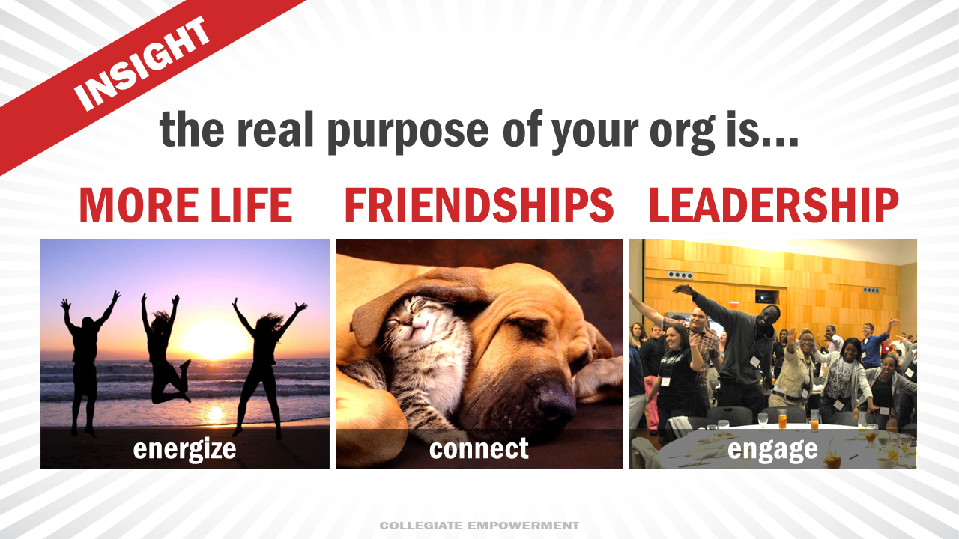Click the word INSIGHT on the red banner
[x=142, y=64]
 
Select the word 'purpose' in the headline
[x=408, y=131]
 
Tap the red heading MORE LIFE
[x=186, y=205]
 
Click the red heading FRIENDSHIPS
[x=479, y=205]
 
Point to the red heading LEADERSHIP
[x=774, y=205]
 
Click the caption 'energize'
[x=184, y=450]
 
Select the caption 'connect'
[x=479, y=448]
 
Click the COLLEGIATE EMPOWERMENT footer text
[x=479, y=525]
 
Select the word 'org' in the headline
[x=682, y=133]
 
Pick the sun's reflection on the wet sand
[x=214, y=414]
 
